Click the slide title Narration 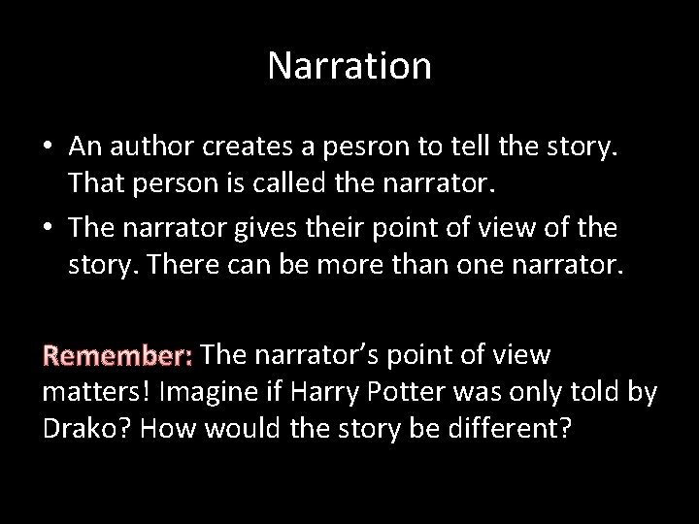[x=349, y=66]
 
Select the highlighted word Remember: [x=119, y=356]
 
